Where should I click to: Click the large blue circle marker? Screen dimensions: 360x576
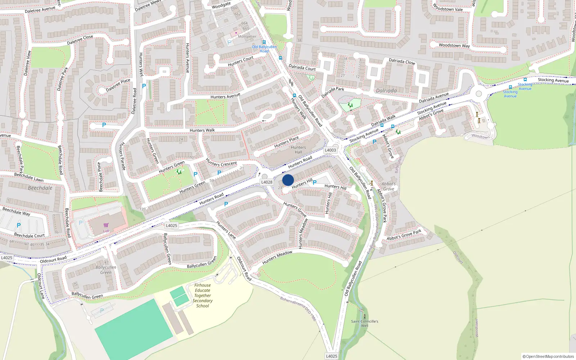[x=288, y=180]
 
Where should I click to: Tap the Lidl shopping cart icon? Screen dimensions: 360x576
[x=106, y=225]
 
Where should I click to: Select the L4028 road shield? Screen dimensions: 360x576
[x=267, y=182]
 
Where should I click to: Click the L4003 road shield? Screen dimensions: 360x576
[x=330, y=150]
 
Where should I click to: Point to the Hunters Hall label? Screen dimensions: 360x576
[x=298, y=150]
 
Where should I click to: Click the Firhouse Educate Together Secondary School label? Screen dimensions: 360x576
[x=203, y=296]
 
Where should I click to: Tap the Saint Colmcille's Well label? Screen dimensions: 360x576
[x=365, y=323]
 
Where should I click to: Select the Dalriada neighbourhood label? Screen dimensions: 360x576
[x=386, y=91]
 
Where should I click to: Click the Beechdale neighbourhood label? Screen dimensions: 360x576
[x=40, y=188]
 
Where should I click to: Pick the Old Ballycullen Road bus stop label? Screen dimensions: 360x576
[x=264, y=49]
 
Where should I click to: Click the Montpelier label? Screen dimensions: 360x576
[x=247, y=36]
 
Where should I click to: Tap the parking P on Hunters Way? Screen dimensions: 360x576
[x=144, y=86]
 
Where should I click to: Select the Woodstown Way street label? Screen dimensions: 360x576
[x=454, y=45]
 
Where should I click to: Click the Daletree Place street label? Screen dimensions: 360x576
[x=118, y=85]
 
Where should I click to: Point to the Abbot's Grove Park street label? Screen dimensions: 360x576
[x=404, y=235]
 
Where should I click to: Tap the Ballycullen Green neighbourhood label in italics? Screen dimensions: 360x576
[x=106, y=270]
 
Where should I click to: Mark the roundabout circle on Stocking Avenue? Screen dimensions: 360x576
[x=478, y=94]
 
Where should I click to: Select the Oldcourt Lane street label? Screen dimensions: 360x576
[x=41, y=286]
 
